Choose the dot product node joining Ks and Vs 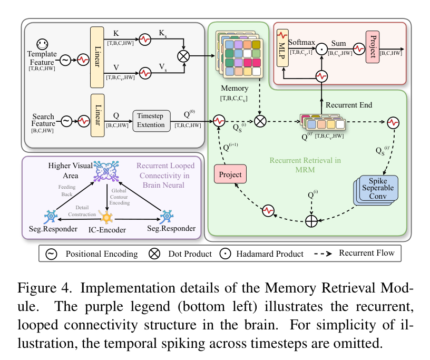(x=184, y=55)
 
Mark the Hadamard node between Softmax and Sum (x=321, y=53)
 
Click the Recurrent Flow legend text (x=366, y=253)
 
